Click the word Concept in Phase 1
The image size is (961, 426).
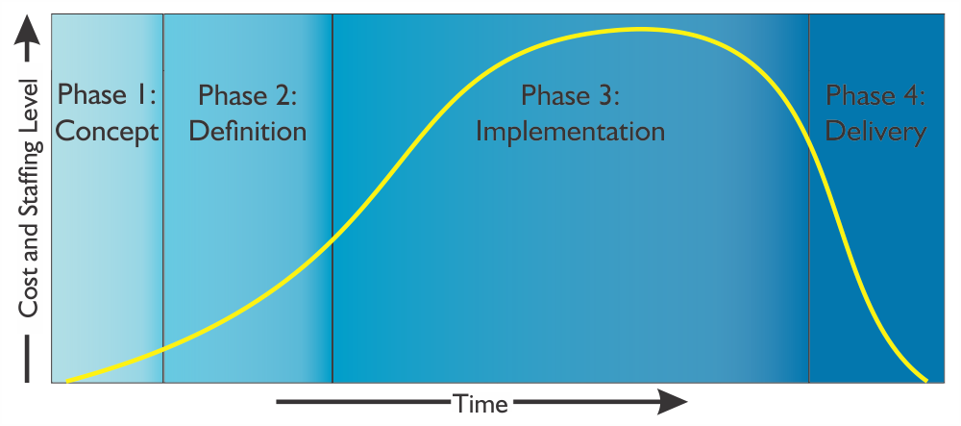click(x=108, y=132)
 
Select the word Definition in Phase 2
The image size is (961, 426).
click(x=248, y=132)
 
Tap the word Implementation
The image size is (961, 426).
click(x=571, y=132)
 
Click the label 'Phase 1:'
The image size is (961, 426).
click(x=108, y=95)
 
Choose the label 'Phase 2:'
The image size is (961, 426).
click(x=248, y=95)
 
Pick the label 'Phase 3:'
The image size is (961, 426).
click(x=571, y=95)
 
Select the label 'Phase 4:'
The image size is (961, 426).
click(x=875, y=95)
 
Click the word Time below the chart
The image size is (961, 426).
click(x=480, y=404)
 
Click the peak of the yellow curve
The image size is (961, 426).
click(x=637, y=29)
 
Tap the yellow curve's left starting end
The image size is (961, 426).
click(x=68, y=381)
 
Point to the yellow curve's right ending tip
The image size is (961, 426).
click(x=925, y=380)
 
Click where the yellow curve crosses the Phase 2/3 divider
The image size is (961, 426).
click(x=333, y=238)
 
